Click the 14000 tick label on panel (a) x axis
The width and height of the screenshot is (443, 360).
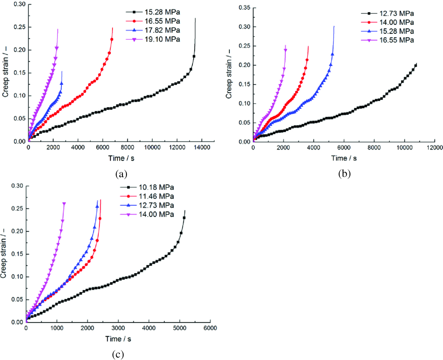tap(202, 147)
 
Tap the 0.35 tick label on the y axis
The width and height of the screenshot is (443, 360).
tap(245, 8)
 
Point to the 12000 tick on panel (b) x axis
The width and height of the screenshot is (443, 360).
tap(434, 148)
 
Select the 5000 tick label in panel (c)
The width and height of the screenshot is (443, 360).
tap(180, 328)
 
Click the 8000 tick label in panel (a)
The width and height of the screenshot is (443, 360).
tap(127, 147)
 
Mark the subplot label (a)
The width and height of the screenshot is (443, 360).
tap(121, 174)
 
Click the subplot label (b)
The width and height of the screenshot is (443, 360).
tap(344, 174)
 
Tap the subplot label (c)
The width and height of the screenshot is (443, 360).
tap(118, 354)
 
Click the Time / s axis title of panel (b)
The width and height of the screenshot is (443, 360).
tap(344, 158)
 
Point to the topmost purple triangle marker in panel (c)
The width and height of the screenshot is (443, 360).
tap(64, 204)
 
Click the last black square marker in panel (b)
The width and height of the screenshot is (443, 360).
tap(416, 65)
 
